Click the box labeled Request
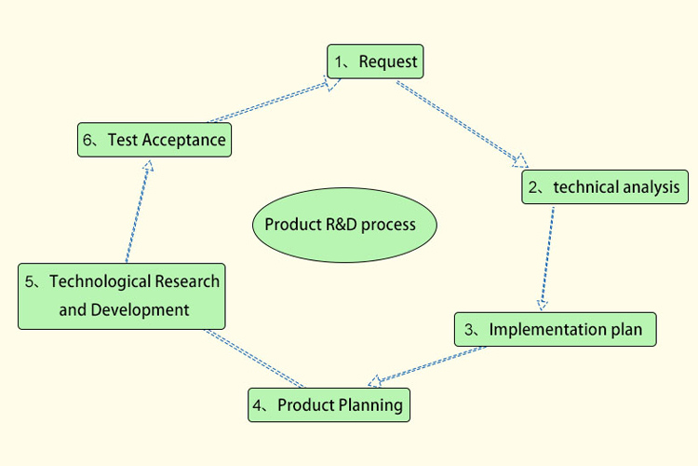pos(375,62)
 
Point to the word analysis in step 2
pos(651,187)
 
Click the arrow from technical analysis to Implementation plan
pos(547,257)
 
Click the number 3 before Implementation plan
pos(470,329)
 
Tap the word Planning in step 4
pos(369,405)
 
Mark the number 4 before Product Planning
pos(261,405)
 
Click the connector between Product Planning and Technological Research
pos(255,358)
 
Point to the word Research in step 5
pos(187,281)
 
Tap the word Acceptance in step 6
pos(183,140)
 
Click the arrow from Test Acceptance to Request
pos(270,102)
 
